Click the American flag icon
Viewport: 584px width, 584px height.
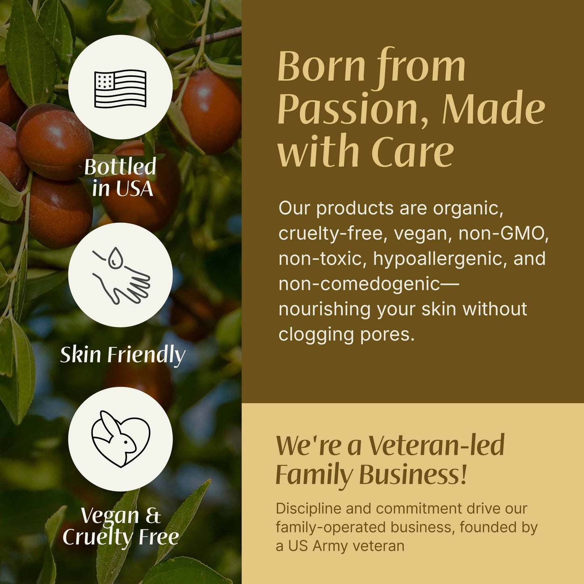tap(120, 89)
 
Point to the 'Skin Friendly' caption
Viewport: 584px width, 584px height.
tap(122, 355)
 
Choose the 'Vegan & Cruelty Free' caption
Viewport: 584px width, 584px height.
tap(120, 526)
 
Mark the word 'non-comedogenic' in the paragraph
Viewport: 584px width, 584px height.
tap(359, 284)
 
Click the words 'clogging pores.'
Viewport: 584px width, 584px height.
tap(346, 334)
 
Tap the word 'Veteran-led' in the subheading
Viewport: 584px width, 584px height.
tap(436, 445)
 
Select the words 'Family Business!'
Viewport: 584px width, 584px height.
tap(371, 474)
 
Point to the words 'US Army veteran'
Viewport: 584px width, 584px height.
tap(346, 546)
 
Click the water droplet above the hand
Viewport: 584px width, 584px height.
tap(116, 257)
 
